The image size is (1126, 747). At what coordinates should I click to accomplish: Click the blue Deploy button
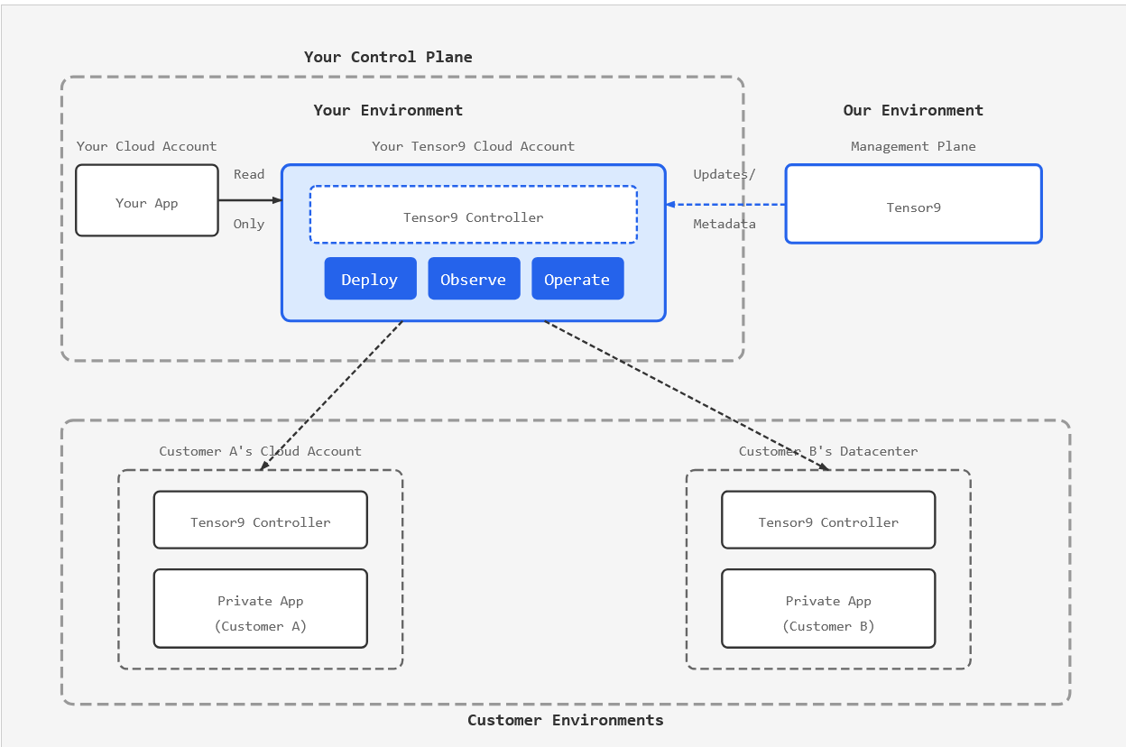pyautogui.click(x=370, y=279)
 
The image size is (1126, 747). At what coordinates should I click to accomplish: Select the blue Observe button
pyautogui.click(x=474, y=279)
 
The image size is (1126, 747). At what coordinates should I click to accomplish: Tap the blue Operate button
pyautogui.click(x=577, y=279)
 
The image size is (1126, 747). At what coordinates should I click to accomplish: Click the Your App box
pyautogui.click(x=147, y=201)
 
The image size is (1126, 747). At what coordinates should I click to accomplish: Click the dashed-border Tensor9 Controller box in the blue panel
pyautogui.click(x=473, y=216)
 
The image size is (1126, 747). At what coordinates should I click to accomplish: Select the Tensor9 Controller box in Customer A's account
pyautogui.click(x=260, y=521)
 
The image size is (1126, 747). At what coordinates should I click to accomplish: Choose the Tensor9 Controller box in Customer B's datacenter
pyautogui.click(x=828, y=521)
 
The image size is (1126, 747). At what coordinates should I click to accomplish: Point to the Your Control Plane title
pyautogui.click(x=388, y=57)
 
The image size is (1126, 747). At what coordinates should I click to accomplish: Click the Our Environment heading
pyautogui.click(x=913, y=110)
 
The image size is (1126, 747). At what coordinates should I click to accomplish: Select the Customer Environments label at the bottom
pyautogui.click(x=565, y=720)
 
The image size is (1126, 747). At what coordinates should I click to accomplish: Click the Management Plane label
pyautogui.click(x=913, y=146)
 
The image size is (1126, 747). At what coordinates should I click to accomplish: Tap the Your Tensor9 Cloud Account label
pyautogui.click(x=473, y=146)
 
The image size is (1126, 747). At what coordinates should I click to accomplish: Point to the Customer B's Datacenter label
pyautogui.click(x=828, y=451)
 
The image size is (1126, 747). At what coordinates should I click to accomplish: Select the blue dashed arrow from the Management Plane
pyautogui.click(x=726, y=205)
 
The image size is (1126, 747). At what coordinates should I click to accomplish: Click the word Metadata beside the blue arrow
pyautogui.click(x=725, y=224)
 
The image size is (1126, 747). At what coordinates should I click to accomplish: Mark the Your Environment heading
pyautogui.click(x=388, y=110)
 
